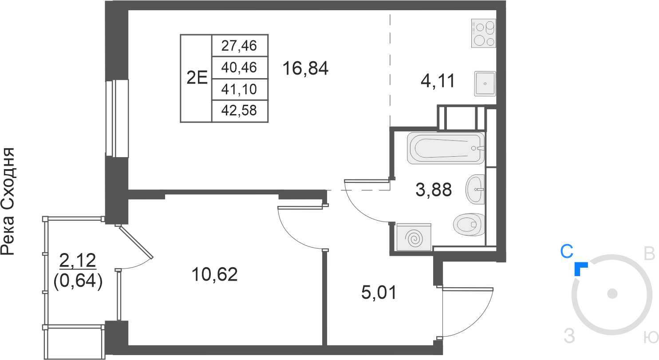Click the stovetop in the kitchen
(x=483, y=33)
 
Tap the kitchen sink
(x=485, y=83)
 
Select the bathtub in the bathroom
(x=446, y=148)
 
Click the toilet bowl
(x=469, y=224)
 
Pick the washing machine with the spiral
(x=414, y=237)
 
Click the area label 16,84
(x=305, y=68)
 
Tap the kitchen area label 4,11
(x=438, y=81)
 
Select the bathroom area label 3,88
(x=434, y=190)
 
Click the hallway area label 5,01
(x=379, y=292)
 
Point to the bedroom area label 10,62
(x=214, y=274)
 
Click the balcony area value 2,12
(x=78, y=260)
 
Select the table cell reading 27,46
(x=239, y=46)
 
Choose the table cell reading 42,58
(x=239, y=111)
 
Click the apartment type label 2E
(x=197, y=78)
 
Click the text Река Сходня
(x=8, y=202)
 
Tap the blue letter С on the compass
(x=567, y=251)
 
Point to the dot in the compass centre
(x=612, y=294)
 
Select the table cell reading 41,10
(x=239, y=89)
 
